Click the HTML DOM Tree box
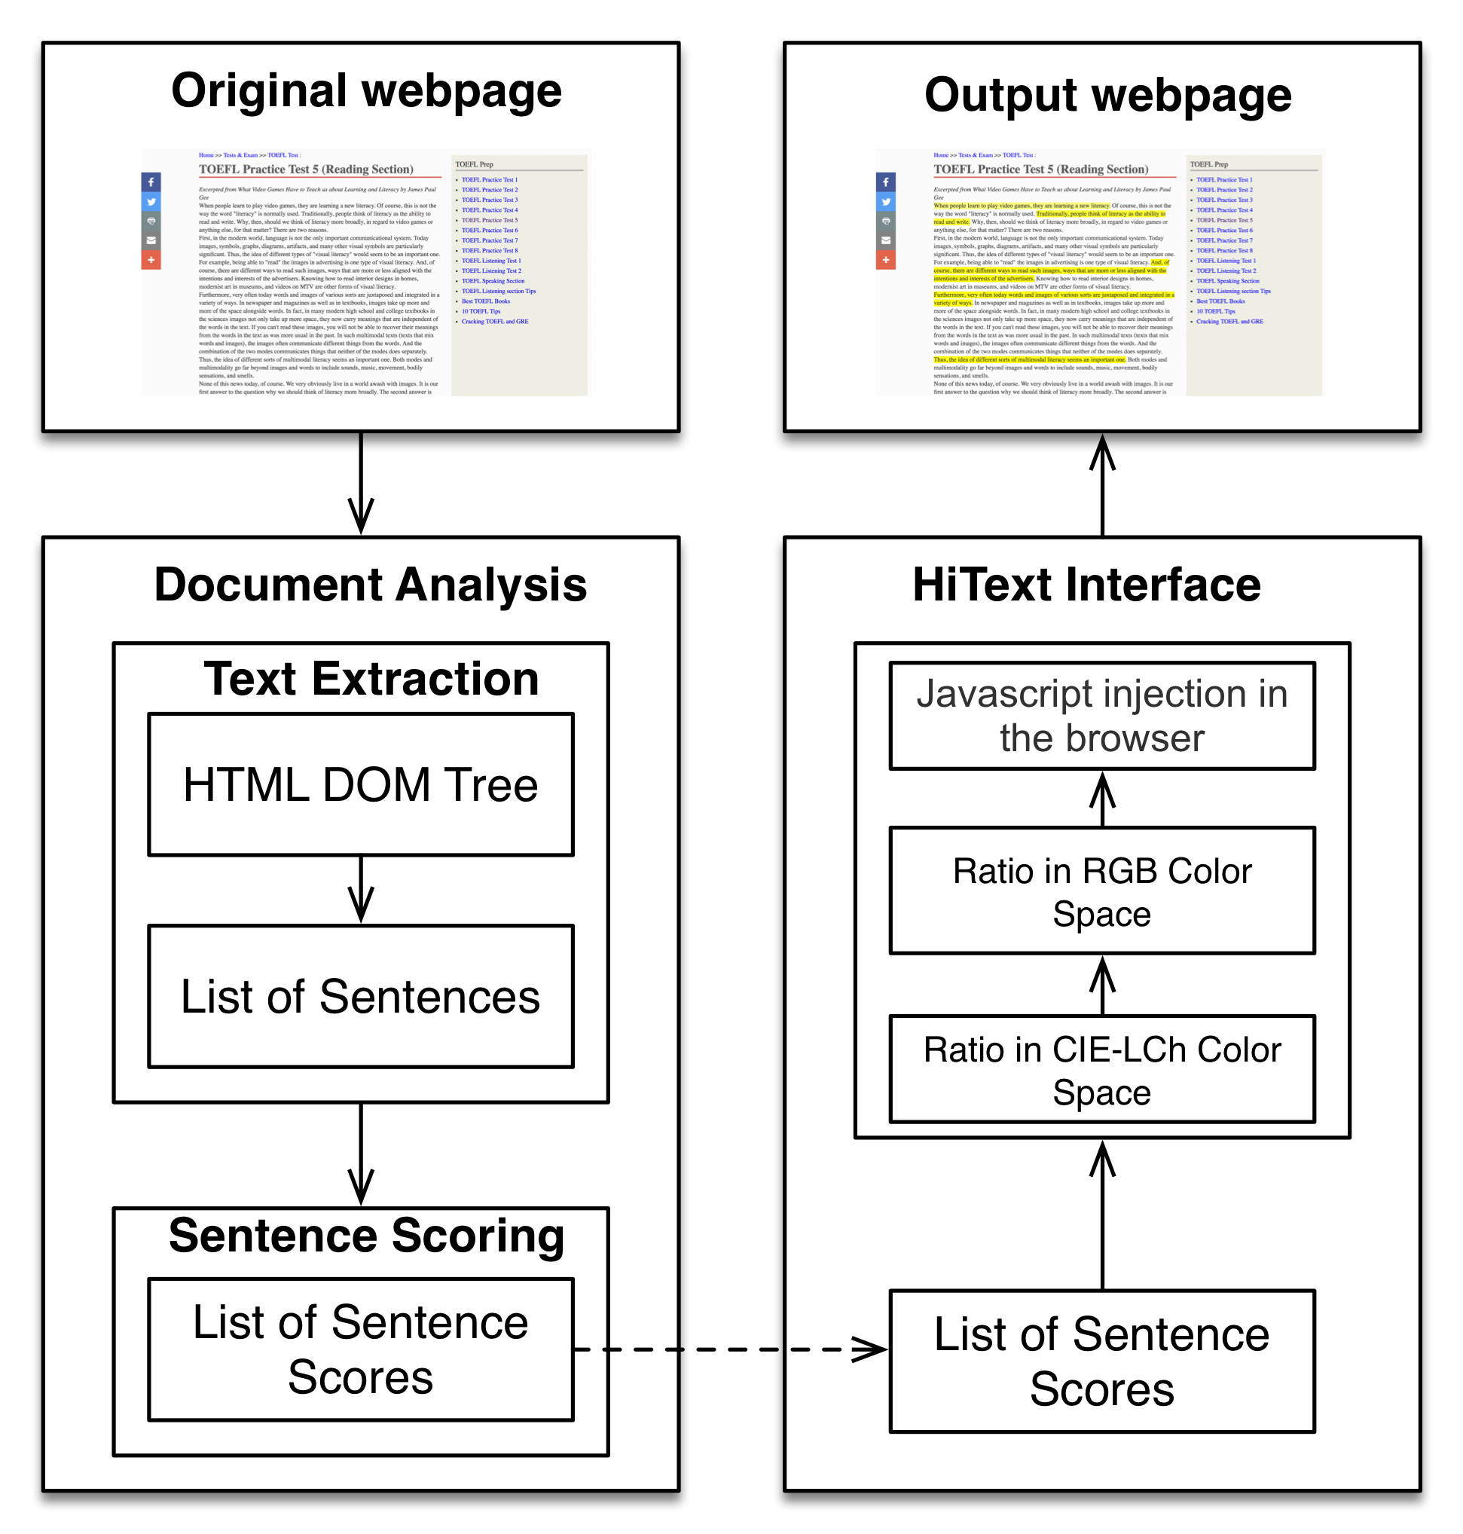pos(360,784)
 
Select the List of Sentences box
pos(360,996)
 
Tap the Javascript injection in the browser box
pos(1101,715)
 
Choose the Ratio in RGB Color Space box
pos(1101,890)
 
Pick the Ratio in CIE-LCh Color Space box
pos(1101,1069)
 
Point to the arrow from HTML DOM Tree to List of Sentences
pos(360,890)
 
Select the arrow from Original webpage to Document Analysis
pos(360,484)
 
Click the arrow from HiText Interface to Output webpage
pos(1101,484)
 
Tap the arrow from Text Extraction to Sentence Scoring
pos(360,1154)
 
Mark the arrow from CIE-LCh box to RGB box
pos(1101,984)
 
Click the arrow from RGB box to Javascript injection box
pos(1101,799)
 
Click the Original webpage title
pos(366,90)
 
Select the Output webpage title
pos(1107,95)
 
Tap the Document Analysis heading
pos(370,584)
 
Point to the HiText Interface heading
pos(1086,584)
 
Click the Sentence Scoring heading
pos(367,1236)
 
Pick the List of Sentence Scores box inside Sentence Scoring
pos(360,1349)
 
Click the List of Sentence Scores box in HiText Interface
pos(1101,1361)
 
